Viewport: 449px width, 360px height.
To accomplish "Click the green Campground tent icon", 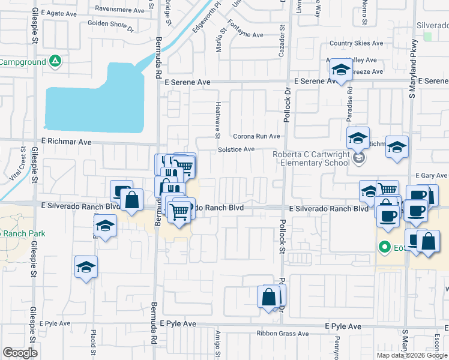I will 55,61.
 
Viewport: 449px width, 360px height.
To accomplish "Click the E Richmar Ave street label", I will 66,142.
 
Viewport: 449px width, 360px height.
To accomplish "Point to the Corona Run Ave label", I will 257,136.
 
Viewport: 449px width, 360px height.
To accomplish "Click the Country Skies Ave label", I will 356,43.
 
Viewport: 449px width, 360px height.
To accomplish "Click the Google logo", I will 20,353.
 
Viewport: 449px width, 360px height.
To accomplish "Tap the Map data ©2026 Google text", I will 412,355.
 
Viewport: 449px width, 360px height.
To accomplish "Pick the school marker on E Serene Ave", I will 341,70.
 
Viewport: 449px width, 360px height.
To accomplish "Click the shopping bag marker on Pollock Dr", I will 268,296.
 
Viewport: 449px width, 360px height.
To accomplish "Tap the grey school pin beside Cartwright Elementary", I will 359,158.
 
